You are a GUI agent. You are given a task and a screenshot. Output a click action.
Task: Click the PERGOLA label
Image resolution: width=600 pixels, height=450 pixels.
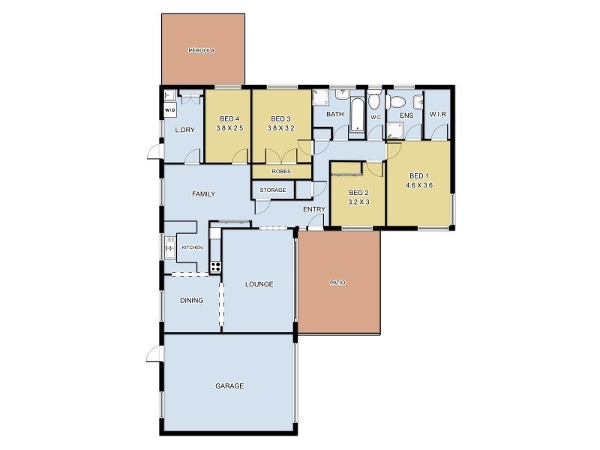202,51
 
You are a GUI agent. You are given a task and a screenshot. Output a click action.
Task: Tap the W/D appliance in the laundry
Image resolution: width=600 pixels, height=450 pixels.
169,110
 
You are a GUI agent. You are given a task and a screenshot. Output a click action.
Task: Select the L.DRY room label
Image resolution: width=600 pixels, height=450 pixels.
184,130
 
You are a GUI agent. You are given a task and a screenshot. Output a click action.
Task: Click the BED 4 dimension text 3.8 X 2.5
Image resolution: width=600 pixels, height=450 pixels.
229,128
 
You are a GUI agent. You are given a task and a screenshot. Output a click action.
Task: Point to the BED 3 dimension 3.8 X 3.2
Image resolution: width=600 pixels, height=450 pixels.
280,128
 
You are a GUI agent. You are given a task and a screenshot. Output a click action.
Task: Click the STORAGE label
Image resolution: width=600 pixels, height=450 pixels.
273,190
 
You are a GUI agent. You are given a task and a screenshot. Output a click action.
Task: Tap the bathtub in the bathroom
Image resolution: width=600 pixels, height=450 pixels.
358,115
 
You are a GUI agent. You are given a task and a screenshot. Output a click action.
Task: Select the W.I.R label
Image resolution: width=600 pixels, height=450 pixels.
436,114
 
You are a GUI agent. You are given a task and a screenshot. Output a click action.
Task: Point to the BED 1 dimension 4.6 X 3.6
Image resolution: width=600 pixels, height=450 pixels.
419,184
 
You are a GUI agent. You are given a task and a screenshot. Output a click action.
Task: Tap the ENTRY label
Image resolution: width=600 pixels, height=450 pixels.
313,209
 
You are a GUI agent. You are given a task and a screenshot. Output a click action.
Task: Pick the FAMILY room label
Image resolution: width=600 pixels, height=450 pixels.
203,194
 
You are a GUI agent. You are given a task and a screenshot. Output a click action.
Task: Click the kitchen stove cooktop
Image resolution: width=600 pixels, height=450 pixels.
215,265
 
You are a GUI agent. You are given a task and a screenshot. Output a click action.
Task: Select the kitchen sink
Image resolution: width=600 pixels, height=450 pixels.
169,247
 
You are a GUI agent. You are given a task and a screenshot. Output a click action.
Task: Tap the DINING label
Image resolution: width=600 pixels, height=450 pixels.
191,301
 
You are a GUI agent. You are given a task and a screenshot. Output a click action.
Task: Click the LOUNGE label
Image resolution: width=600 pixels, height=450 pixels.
259,284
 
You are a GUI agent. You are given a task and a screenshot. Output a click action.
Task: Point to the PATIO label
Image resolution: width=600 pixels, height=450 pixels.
337,283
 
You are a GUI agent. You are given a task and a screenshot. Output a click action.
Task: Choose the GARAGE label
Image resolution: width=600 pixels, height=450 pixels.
229,386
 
